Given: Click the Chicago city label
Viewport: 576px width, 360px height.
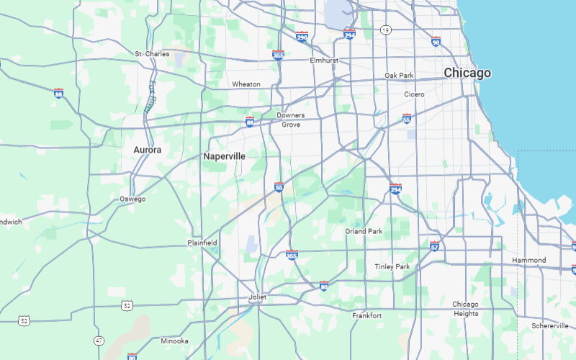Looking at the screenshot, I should tap(467, 73).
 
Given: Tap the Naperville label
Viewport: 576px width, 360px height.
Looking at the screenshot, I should tap(224, 156).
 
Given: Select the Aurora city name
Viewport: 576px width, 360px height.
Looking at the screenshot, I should tap(147, 150).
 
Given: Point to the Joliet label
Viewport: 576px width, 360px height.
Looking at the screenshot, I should tap(257, 297).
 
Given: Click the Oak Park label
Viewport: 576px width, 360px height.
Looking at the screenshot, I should tap(399, 76).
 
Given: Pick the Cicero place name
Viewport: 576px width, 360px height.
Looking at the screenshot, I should tap(414, 94).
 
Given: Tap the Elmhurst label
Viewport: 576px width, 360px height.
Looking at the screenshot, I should tap(323, 60).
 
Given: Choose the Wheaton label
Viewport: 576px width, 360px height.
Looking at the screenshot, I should tap(246, 84).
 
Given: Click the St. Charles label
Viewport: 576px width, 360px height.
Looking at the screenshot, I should tap(152, 54).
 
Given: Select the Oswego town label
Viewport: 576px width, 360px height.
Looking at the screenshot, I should tap(132, 199).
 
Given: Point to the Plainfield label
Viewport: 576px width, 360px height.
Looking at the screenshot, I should tap(202, 243).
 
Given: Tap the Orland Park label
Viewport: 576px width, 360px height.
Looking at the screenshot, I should tap(364, 231).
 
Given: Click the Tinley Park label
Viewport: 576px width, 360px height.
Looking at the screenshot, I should tap(392, 266).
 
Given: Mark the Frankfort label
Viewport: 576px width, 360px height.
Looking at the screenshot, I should tap(366, 315).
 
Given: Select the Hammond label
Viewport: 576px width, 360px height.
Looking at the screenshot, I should tap(528, 260).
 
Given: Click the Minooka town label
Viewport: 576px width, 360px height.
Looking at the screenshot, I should tap(174, 341).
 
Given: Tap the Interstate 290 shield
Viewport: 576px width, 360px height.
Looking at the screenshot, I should tap(302, 37).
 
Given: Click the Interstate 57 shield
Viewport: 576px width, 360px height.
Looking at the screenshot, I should tap(434, 246).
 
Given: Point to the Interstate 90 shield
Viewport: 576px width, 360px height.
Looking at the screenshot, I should tap(436, 41).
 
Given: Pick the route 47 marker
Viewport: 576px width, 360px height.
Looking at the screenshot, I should tap(98, 340).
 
